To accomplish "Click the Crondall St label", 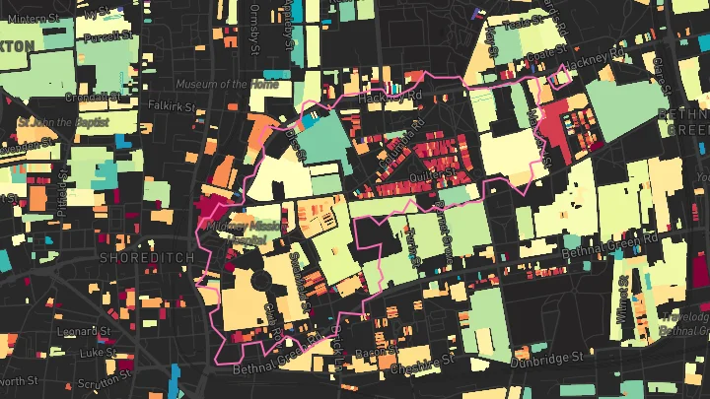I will point(91,98).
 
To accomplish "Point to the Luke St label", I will point(99,351).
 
